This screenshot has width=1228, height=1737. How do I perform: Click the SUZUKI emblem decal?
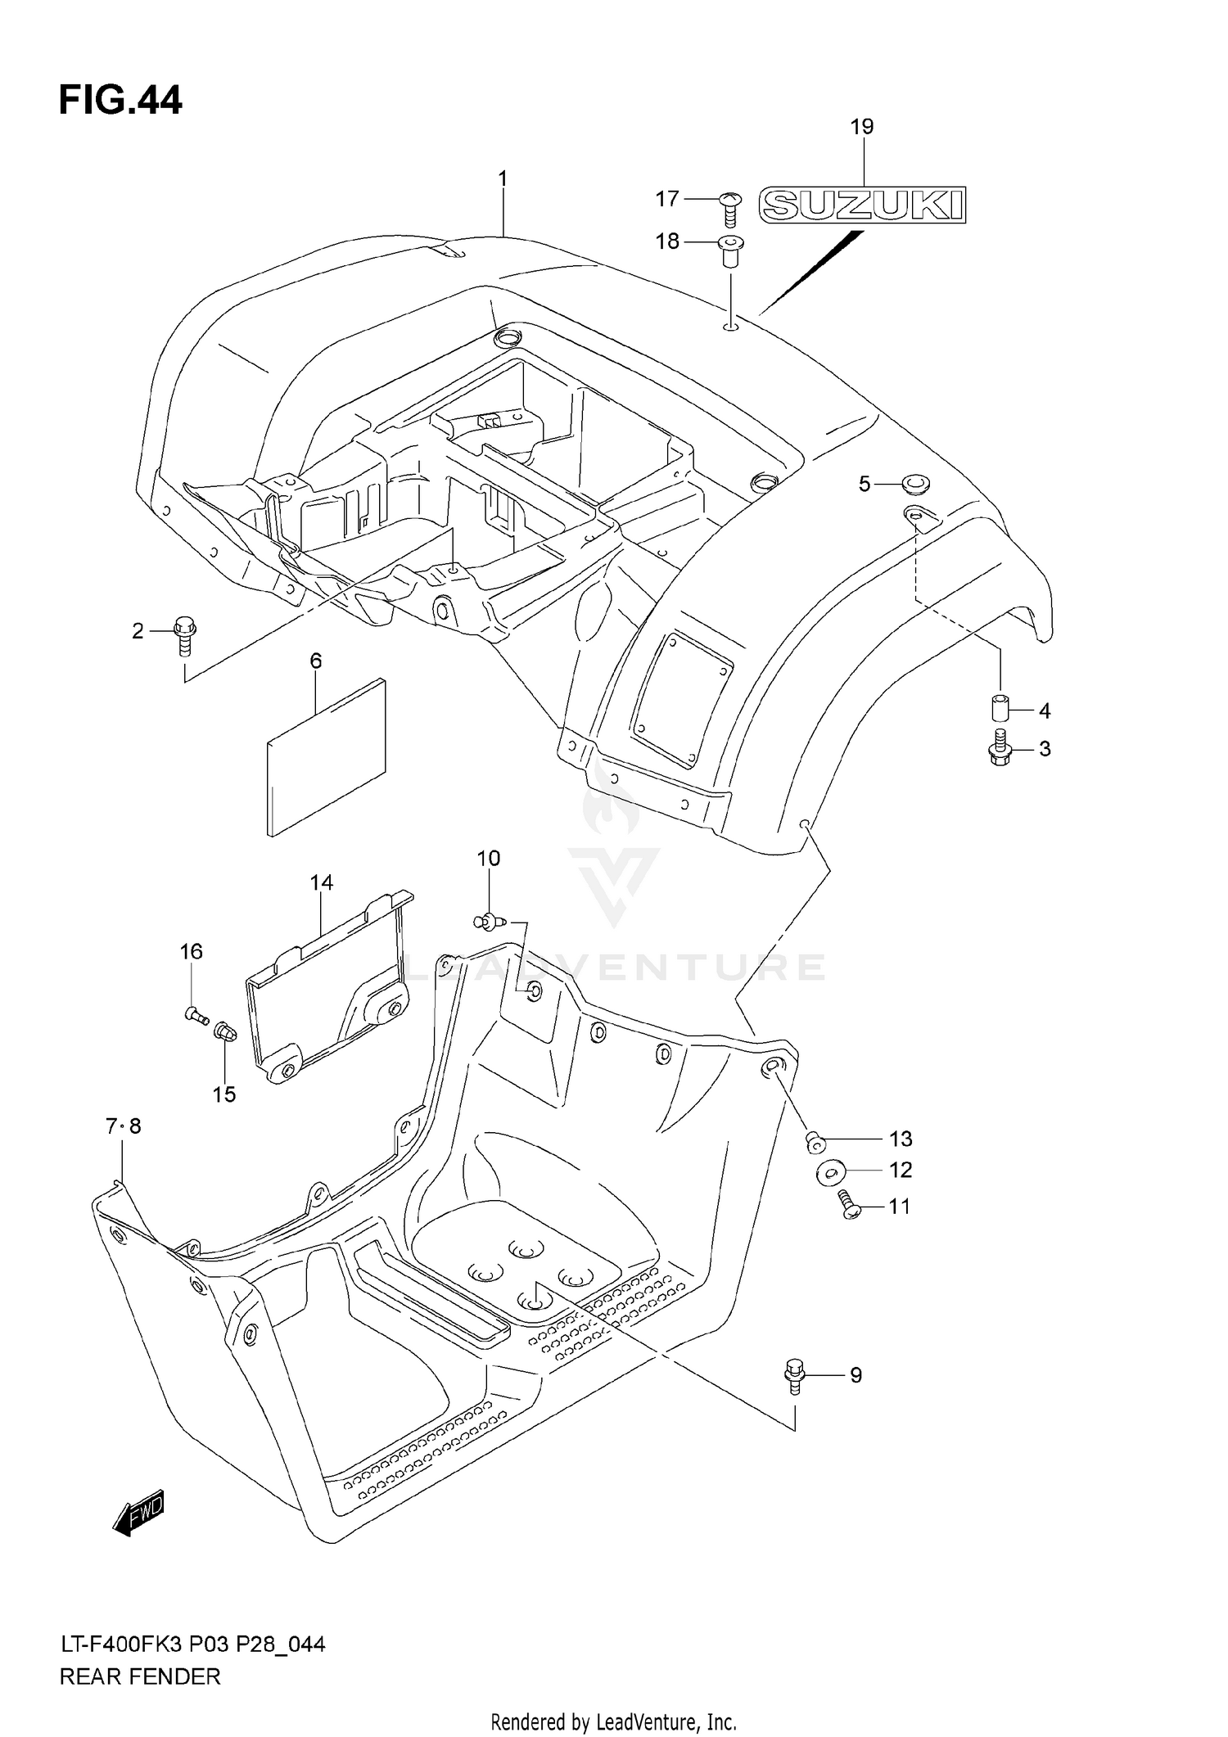point(863,205)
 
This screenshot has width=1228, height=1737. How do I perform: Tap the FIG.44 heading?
point(120,101)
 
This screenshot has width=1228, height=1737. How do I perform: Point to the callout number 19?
point(862,127)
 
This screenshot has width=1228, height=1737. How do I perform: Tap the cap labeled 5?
point(916,485)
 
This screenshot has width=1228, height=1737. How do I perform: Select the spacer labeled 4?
point(999,705)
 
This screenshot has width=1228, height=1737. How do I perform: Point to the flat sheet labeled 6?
point(326,756)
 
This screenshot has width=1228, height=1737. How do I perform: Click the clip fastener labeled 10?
point(490,923)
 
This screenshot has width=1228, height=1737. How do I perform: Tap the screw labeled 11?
point(849,1207)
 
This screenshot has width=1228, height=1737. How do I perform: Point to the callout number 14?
point(322,882)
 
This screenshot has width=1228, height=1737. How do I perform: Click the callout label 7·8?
point(124,1126)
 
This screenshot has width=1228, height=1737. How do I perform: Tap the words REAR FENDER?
point(140,1676)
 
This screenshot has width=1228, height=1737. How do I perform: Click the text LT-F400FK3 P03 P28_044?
point(192,1644)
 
